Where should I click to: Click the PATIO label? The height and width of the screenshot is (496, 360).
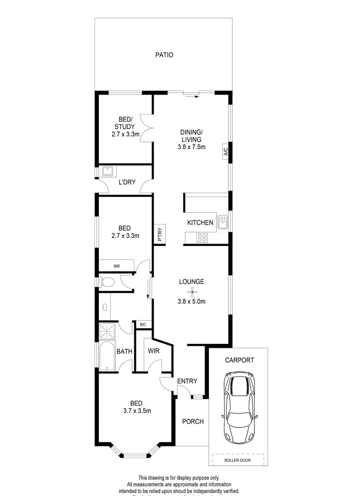point(164,55)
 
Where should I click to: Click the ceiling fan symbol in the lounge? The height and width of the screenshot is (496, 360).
point(192,292)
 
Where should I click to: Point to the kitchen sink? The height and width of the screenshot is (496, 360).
point(223,222)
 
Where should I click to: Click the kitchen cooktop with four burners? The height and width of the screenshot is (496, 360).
point(202,237)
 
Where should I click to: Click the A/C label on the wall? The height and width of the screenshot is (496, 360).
point(225,152)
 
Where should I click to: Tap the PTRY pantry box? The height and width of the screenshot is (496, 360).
point(160,235)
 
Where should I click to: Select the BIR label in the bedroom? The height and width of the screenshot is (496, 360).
point(117,266)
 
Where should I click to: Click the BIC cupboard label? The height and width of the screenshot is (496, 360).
point(143,325)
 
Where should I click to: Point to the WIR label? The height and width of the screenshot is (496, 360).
point(153,352)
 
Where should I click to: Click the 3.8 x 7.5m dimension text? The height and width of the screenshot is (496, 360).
point(192,147)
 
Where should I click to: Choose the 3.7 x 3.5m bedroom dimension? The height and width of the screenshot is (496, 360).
point(137,411)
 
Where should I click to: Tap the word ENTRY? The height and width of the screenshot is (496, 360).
point(187,381)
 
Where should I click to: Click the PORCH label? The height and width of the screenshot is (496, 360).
point(192,422)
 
